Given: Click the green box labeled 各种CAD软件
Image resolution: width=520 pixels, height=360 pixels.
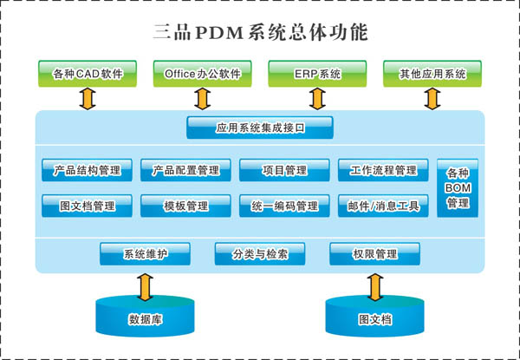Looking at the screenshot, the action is tap(88, 74).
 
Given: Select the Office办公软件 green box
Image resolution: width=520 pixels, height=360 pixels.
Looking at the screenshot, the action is tap(202, 74).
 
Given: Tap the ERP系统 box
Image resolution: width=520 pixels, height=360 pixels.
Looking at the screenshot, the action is tap(317, 74).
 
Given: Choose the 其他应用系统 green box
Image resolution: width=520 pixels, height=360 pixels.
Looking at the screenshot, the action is tap(432, 74).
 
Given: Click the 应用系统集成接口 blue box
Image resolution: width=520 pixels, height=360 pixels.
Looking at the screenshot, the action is tap(260, 128).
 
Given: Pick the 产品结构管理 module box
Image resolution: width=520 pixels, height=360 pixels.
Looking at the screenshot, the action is tap(87, 170).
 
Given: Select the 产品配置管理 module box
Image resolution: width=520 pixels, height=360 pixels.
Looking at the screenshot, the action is tap(185, 170).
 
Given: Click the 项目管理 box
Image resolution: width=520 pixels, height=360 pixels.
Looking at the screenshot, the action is tap(284, 170).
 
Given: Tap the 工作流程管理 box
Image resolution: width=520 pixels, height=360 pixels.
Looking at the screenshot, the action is tap(383, 170).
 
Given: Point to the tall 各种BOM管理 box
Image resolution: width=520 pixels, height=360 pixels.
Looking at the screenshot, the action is tap(458, 188).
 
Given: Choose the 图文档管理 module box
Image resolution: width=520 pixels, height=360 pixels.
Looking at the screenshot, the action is tap(87, 206).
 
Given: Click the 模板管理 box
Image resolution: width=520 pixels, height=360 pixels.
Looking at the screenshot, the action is tap(185, 206).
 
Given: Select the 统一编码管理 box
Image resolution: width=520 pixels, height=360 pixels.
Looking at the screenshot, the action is tap(284, 206).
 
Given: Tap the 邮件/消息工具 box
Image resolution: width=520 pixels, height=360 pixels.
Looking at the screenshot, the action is tap(383, 206).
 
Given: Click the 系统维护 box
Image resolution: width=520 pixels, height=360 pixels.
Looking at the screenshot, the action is tap(145, 254).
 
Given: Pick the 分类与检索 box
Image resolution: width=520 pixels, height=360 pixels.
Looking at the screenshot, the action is tap(260, 254).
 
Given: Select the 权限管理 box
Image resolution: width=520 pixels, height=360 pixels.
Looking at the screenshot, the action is tap(374, 254).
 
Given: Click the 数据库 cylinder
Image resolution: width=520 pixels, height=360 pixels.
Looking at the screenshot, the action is tap(145, 317).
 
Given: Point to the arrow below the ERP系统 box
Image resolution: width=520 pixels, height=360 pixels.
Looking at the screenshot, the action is tap(317, 99).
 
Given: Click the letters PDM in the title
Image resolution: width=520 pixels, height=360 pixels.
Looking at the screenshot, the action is tap(219, 33).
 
